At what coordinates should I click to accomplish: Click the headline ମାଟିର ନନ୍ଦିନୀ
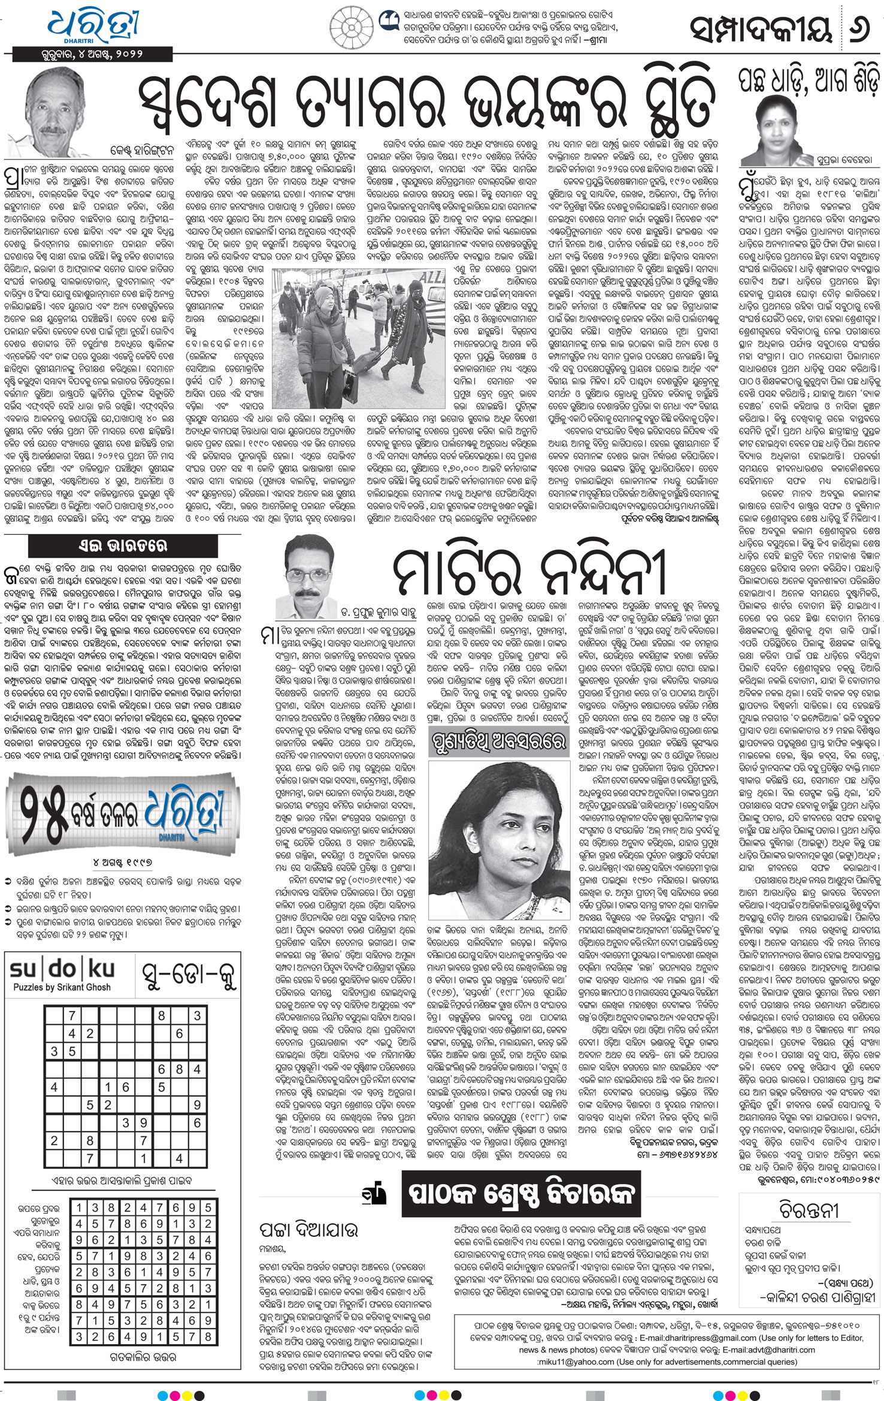coord(529,571)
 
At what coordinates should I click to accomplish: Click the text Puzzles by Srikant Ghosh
coord(62,987)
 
